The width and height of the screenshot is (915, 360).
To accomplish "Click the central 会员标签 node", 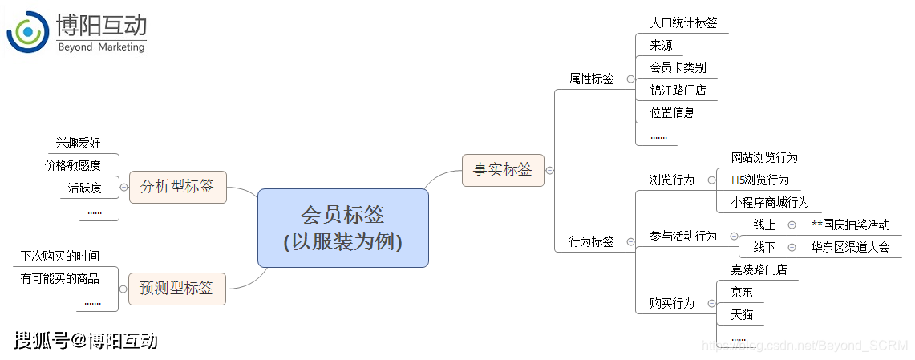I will (343, 228).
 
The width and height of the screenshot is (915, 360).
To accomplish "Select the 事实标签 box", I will (503, 170).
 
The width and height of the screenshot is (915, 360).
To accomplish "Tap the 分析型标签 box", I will (177, 187).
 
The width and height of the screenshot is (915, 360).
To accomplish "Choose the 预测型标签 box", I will (176, 288).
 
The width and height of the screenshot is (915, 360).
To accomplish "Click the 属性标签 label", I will (591, 79).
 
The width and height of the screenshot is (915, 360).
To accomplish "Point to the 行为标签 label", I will (591, 241).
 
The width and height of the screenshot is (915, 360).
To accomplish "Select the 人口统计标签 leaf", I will (683, 22).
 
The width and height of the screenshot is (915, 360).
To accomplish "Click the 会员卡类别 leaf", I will (678, 67).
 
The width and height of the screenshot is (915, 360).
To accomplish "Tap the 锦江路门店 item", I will (678, 90).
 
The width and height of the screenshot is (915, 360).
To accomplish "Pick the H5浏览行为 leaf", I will (760, 180).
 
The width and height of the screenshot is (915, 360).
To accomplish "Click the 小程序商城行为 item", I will (770, 202).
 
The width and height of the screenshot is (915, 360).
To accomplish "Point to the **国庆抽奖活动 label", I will (851, 224).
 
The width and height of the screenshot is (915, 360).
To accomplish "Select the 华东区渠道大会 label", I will (850, 247).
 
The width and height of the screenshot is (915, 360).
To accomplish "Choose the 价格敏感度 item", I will (72, 165).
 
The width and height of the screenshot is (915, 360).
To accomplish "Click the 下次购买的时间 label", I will (60, 256).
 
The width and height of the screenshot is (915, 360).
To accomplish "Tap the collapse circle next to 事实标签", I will (549, 170).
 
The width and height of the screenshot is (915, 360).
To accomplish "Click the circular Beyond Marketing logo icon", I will (27, 32).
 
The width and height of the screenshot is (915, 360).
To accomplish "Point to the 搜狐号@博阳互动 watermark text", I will (85, 341).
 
